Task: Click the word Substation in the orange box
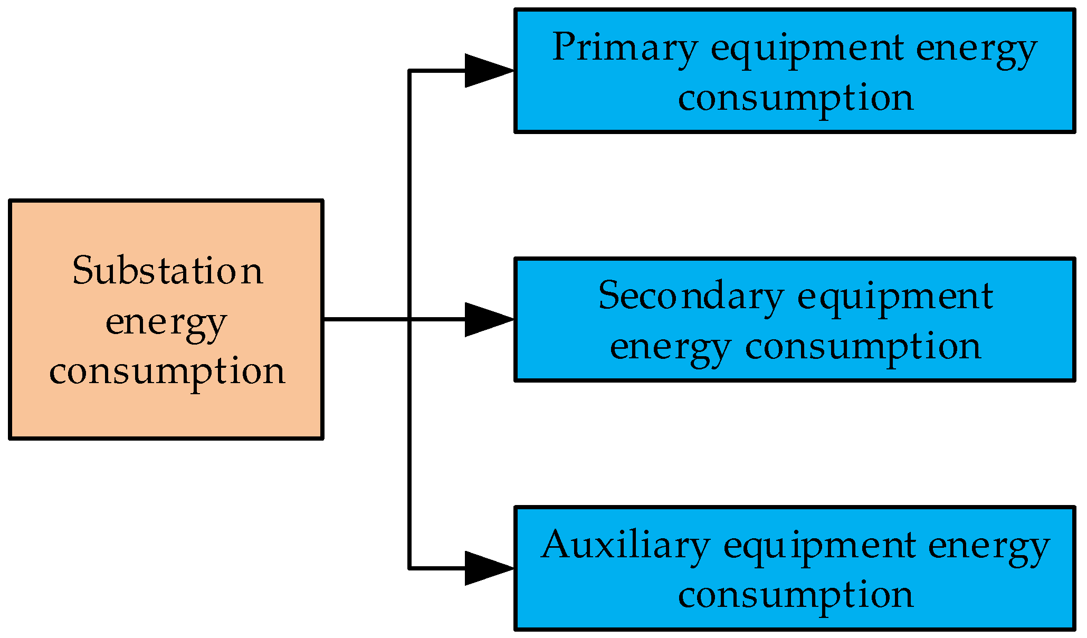pyautogui.click(x=167, y=271)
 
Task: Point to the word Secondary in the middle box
pyautogui.click(x=690, y=297)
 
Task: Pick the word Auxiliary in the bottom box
pyautogui.click(x=625, y=546)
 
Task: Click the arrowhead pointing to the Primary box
pyautogui.click(x=487, y=70)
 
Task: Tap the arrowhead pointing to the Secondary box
pyautogui.click(x=487, y=319)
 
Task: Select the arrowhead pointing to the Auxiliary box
pyautogui.click(x=487, y=568)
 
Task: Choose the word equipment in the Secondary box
pyautogui.click(x=895, y=298)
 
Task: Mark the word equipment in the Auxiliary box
pyautogui.click(x=819, y=547)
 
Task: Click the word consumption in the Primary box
pyautogui.click(x=795, y=98)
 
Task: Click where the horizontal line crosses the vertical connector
pyautogui.click(x=409, y=319)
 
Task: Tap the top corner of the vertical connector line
pyautogui.click(x=409, y=70)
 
